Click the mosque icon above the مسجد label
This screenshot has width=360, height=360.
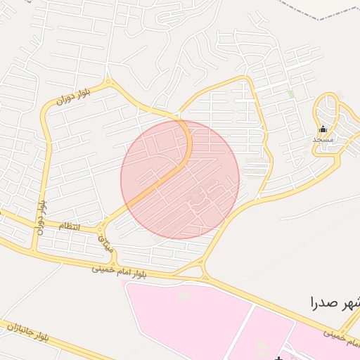pos(323,129)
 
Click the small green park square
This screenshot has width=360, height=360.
pos(290,94)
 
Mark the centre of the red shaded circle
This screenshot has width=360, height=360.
pos(180,180)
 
